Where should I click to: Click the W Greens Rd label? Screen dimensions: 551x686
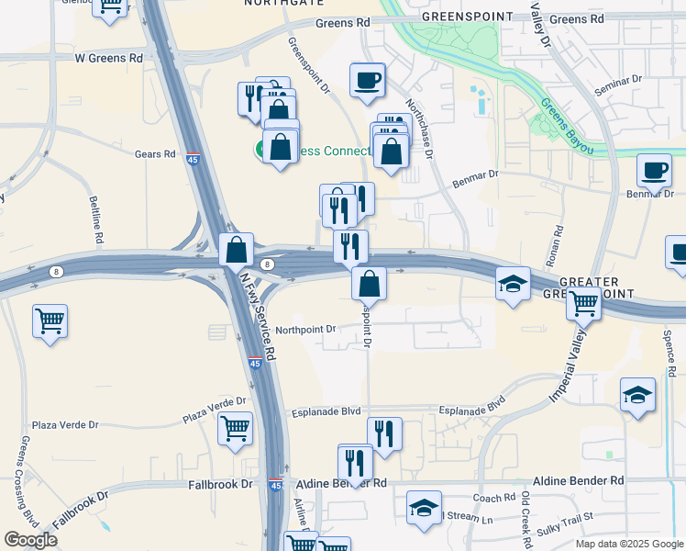(x=109, y=57)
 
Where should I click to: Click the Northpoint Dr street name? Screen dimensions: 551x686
(x=306, y=329)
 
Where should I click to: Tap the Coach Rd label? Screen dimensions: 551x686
(x=495, y=498)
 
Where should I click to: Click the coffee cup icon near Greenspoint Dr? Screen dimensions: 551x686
(x=368, y=79)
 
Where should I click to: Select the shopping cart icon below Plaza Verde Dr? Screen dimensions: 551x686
(x=235, y=427)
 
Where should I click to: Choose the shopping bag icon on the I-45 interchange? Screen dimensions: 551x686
(x=236, y=248)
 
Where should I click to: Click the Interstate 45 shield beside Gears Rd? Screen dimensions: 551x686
(x=193, y=158)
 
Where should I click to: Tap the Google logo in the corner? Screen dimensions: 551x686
(x=31, y=540)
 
